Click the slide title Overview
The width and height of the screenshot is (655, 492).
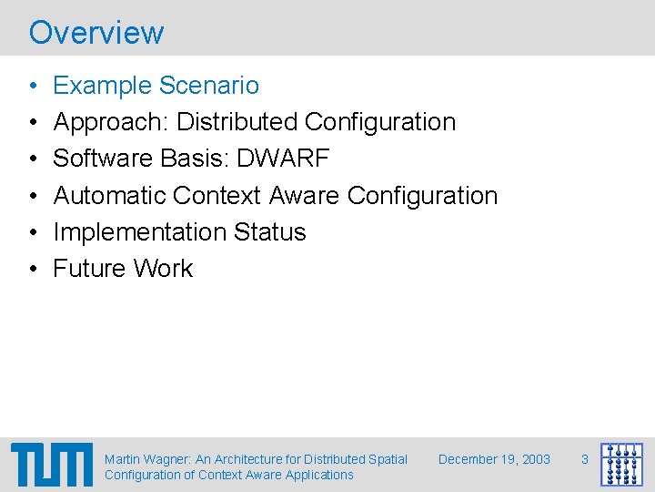(x=96, y=32)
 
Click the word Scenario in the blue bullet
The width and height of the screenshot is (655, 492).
(x=209, y=86)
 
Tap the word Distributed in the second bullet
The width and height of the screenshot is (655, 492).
(x=237, y=122)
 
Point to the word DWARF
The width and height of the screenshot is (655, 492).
(x=283, y=159)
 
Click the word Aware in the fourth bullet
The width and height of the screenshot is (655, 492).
(x=304, y=195)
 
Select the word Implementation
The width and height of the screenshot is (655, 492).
(x=139, y=232)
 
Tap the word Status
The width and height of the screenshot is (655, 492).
(x=269, y=231)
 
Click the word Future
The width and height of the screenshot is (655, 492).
(x=89, y=268)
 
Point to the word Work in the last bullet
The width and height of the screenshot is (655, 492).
(x=163, y=268)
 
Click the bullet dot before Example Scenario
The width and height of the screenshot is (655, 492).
(x=34, y=86)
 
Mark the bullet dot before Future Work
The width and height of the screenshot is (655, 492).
(x=34, y=269)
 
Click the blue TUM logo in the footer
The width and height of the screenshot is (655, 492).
(x=52, y=465)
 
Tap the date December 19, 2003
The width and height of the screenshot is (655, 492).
(x=494, y=459)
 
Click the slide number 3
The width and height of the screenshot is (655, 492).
(x=585, y=459)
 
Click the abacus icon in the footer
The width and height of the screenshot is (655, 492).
(x=621, y=465)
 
